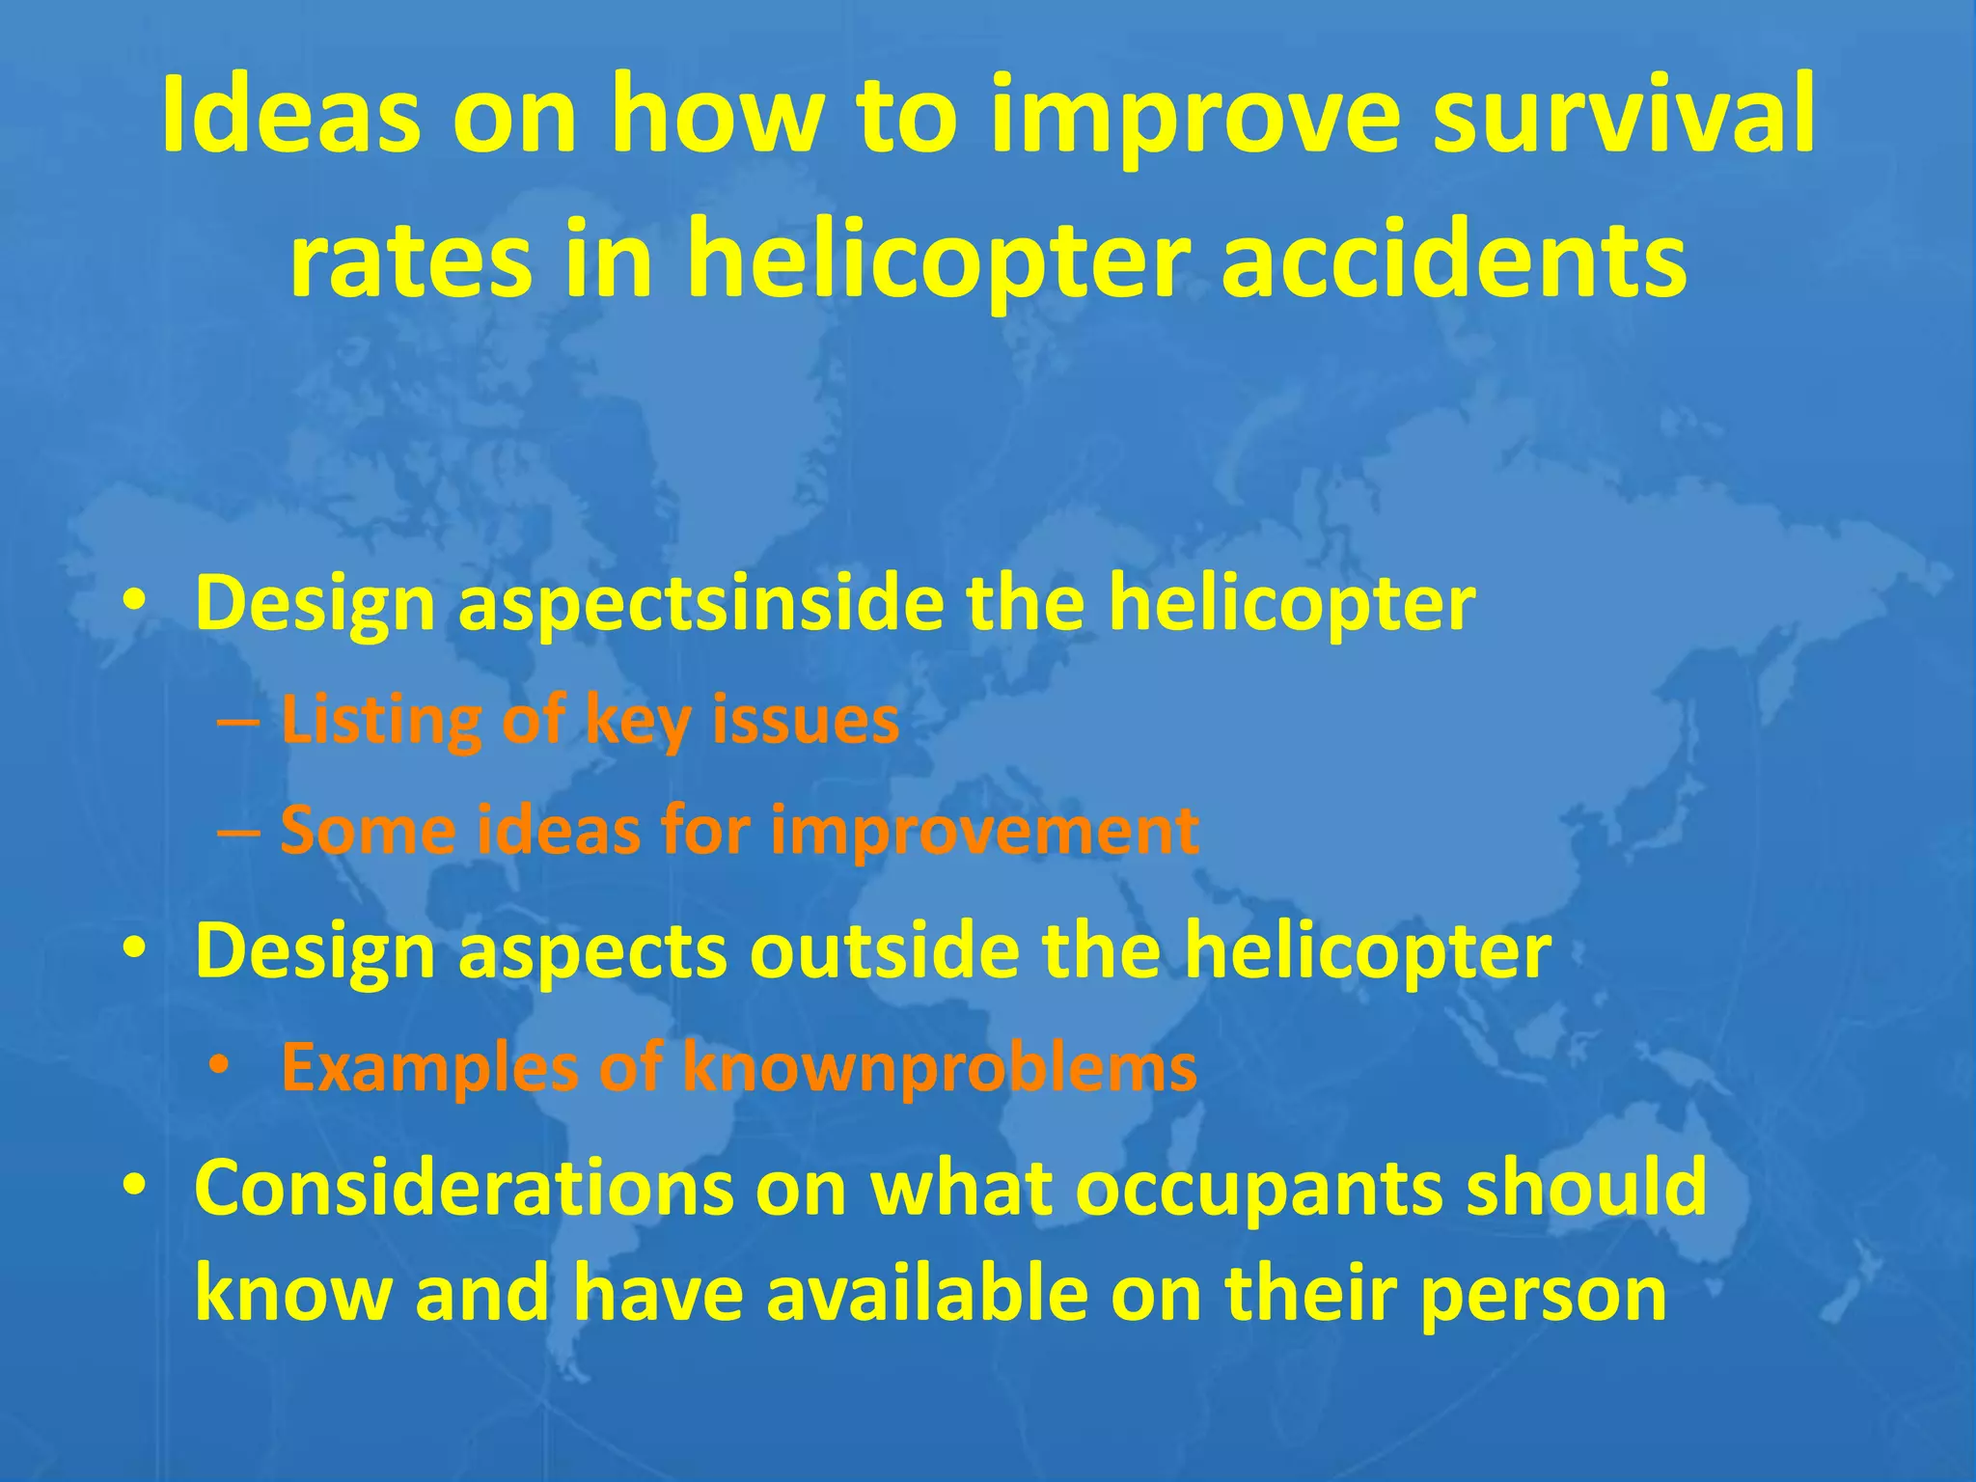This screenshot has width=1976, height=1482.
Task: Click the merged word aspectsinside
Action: pos(700,604)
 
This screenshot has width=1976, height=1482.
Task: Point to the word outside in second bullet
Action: pos(883,951)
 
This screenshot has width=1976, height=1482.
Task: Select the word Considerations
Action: pos(462,1189)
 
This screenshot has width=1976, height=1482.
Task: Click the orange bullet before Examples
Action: pos(220,1065)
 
